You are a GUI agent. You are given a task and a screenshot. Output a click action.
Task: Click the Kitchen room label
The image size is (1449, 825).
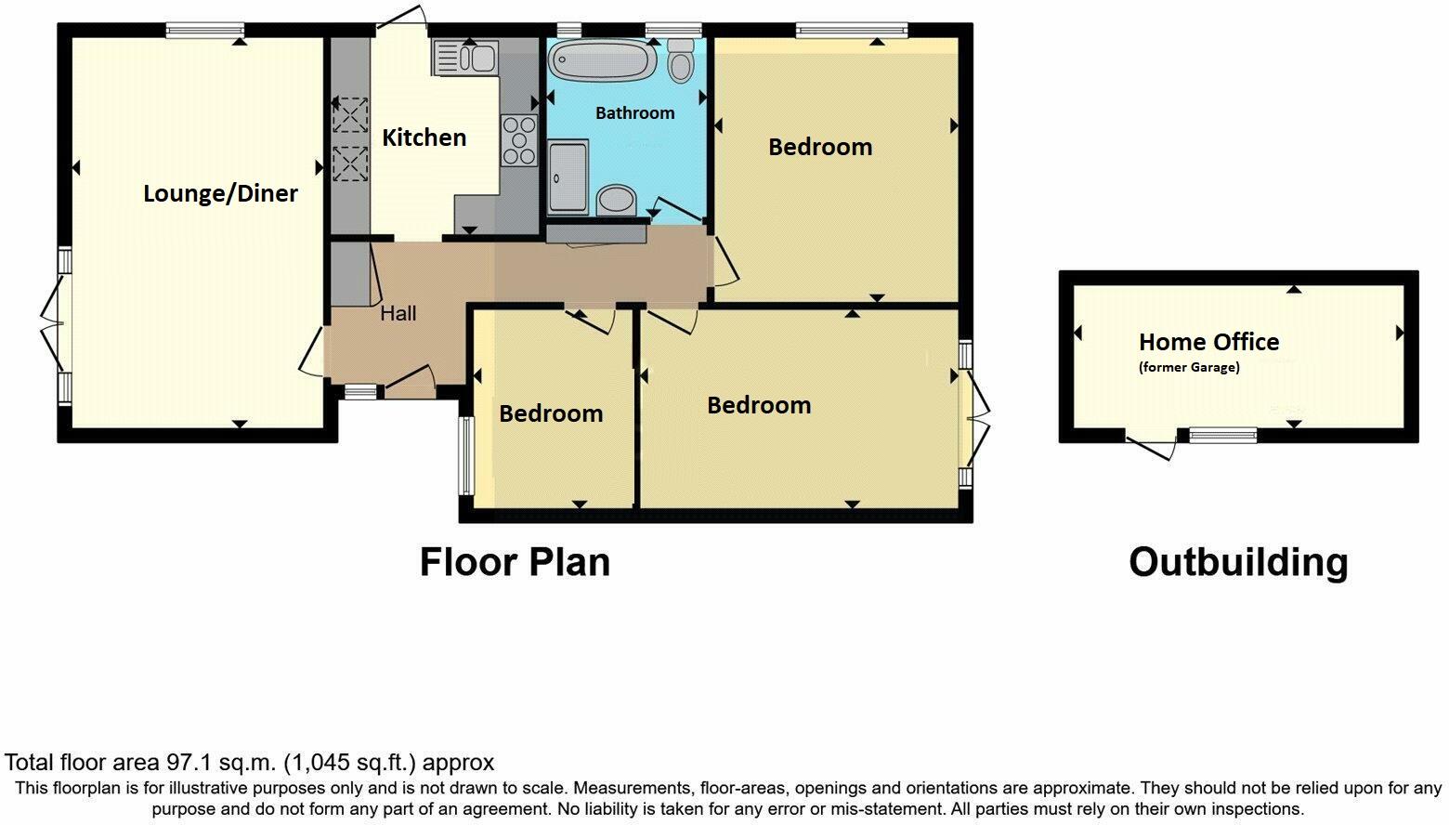click(x=424, y=137)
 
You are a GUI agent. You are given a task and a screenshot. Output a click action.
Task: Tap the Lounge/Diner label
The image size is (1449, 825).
click(x=220, y=193)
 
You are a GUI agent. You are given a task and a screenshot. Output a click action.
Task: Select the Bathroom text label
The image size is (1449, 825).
click(x=634, y=112)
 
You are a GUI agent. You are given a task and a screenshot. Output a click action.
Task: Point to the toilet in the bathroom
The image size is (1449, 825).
click(x=681, y=61)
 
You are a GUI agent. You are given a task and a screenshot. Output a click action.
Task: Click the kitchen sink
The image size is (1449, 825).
click(x=465, y=58)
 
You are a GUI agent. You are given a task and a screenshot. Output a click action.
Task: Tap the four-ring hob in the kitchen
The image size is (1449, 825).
click(x=519, y=140)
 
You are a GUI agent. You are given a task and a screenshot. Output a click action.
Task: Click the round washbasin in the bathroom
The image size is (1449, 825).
click(x=615, y=198)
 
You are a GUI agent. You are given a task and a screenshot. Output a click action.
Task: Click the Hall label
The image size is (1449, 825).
click(x=398, y=313)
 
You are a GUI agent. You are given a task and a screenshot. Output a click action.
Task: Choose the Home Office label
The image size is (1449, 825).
click(x=1208, y=342)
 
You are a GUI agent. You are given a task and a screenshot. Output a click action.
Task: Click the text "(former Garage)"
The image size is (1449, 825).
click(x=1188, y=367)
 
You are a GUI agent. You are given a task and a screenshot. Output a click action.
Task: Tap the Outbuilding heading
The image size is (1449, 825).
click(x=1237, y=562)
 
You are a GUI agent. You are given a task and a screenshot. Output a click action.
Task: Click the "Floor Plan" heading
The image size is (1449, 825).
click(x=515, y=562)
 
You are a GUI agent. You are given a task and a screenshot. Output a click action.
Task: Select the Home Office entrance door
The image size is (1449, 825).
click(x=1152, y=446)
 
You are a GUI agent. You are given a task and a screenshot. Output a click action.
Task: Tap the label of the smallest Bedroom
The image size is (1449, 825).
click(x=551, y=413)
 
